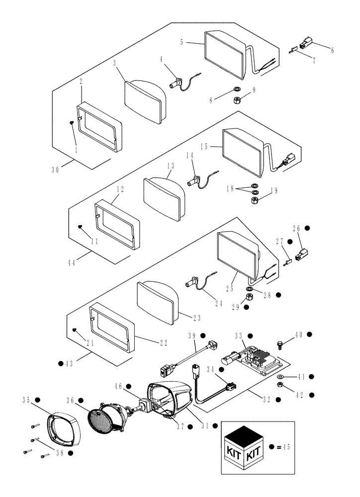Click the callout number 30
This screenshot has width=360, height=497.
[59, 169]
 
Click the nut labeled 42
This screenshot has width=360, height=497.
[280, 386]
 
